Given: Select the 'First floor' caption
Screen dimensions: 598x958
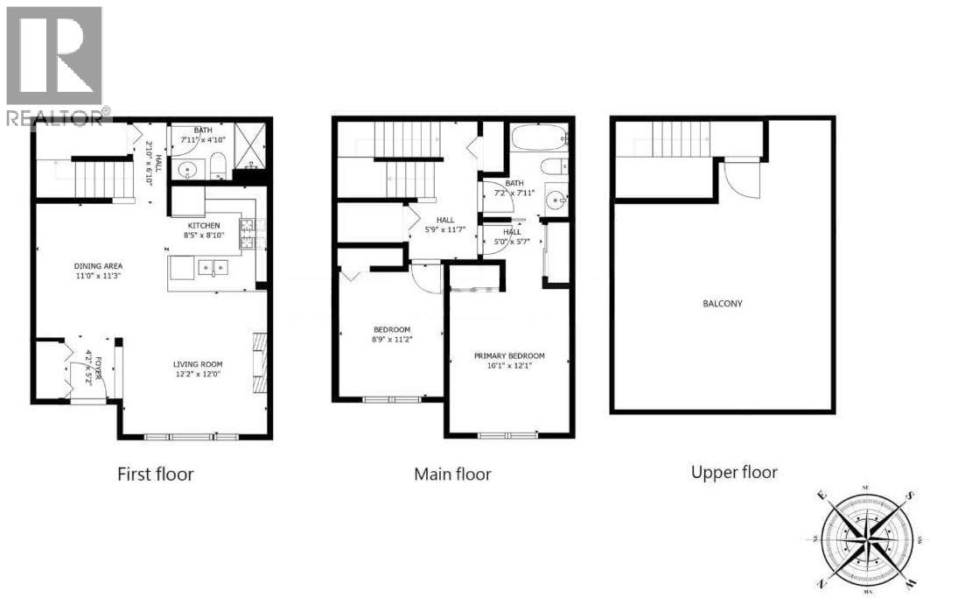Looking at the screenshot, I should pos(155,475).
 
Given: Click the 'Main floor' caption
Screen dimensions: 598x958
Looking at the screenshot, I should pos(452,475).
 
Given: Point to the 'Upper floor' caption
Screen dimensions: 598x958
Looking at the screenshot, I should pos(734,473).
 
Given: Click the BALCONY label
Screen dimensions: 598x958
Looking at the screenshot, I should pos(722,304).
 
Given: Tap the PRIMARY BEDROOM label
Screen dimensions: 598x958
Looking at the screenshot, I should pos(509,355).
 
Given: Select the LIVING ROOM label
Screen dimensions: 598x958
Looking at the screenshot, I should pos(197,364).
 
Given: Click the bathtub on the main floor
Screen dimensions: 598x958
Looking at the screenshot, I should pos(538,138).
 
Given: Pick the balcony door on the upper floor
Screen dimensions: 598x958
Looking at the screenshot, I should pos(742,179).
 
